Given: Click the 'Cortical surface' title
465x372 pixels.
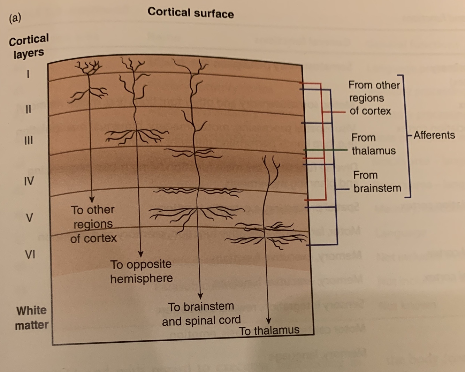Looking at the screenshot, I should point(190,13).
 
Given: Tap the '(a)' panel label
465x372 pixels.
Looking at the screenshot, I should point(15,18).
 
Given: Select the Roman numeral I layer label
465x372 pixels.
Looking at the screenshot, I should point(28,74).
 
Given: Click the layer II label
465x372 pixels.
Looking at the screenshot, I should point(28,109).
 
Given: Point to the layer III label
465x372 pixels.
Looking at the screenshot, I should point(29,140).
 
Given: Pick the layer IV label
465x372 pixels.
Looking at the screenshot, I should point(29,181).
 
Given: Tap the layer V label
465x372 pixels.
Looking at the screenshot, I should point(29,218).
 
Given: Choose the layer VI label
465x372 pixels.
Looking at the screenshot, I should point(30,255).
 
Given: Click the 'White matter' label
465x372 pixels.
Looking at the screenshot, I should point(31,318).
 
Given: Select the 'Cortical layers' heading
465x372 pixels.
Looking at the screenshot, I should point(29,46).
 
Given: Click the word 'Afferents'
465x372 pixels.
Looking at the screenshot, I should point(434,135).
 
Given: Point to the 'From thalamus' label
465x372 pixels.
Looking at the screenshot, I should point(373,144).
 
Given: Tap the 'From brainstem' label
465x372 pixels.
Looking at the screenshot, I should point(377,182).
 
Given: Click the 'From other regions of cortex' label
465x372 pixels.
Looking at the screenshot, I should point(374,98).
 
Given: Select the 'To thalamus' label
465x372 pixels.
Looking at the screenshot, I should point(269,330).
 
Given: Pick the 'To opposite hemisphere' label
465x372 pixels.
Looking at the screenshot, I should point(141,271).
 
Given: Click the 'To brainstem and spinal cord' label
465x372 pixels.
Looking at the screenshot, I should point(201,313).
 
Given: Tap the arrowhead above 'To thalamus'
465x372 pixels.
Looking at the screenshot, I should point(268,321).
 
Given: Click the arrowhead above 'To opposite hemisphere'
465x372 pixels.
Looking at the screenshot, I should point(140,254).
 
